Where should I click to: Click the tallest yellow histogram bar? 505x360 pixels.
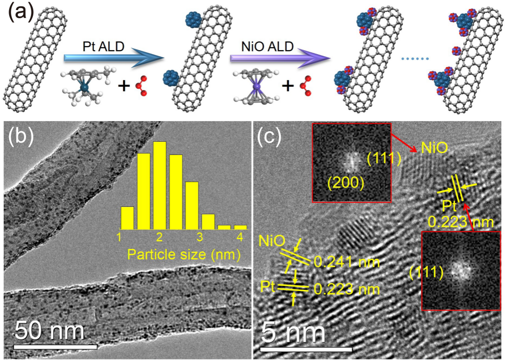(x=159, y=185)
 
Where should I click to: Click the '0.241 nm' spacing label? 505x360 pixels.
(x=347, y=262)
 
